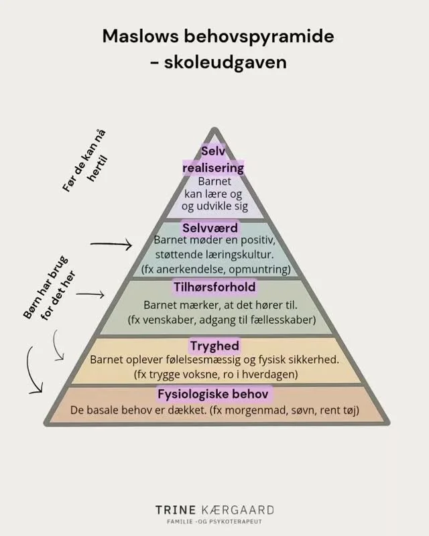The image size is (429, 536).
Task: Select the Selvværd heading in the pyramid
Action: [210, 228]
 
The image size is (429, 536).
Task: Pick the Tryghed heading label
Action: [214, 346]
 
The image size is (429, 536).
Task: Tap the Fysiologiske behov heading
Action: [214, 393]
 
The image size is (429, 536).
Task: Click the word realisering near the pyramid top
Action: [213, 167]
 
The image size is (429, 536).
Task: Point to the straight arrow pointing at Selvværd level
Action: [111, 245]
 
